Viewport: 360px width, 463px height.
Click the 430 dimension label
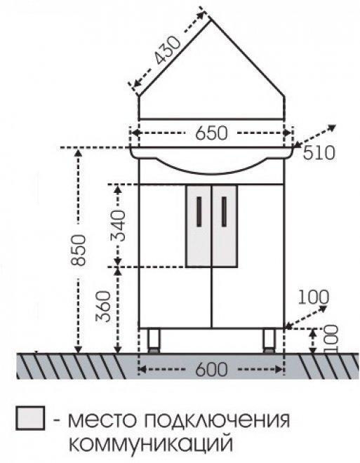[168, 51]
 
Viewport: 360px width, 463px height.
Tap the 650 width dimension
[211, 133]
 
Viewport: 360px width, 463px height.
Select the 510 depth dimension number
[319, 153]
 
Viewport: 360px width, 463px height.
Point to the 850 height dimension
[79, 250]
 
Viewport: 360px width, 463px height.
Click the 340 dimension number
[118, 226]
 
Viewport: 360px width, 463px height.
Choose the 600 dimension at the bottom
[211, 369]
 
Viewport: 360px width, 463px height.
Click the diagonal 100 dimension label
[313, 297]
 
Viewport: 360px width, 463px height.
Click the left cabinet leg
[154, 340]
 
